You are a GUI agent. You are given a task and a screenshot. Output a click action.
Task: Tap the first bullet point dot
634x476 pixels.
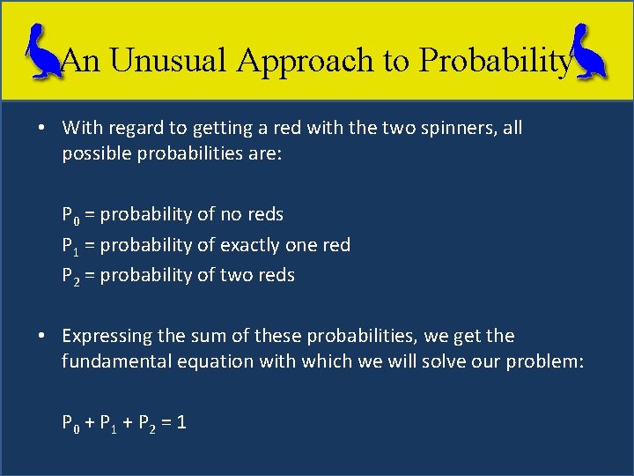pos(41,129)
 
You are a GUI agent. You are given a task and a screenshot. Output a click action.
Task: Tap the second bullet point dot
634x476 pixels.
pos(41,337)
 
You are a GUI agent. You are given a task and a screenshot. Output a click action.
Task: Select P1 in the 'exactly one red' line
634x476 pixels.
pos(69,246)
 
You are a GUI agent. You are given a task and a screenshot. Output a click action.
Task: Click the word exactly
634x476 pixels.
pos(254,245)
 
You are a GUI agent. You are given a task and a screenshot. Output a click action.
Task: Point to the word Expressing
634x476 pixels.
pos(107,336)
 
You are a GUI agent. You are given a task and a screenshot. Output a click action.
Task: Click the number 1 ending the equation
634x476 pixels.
pos(181,422)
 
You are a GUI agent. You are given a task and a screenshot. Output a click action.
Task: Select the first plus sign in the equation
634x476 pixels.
pos(88,422)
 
